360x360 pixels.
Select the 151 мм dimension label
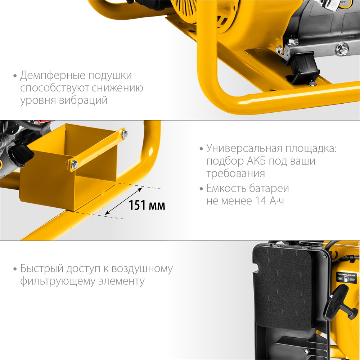click(x=147, y=206)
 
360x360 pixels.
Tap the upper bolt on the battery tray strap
click(x=124, y=134)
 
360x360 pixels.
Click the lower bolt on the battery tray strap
click(x=75, y=165)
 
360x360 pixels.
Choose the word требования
click(x=235, y=174)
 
